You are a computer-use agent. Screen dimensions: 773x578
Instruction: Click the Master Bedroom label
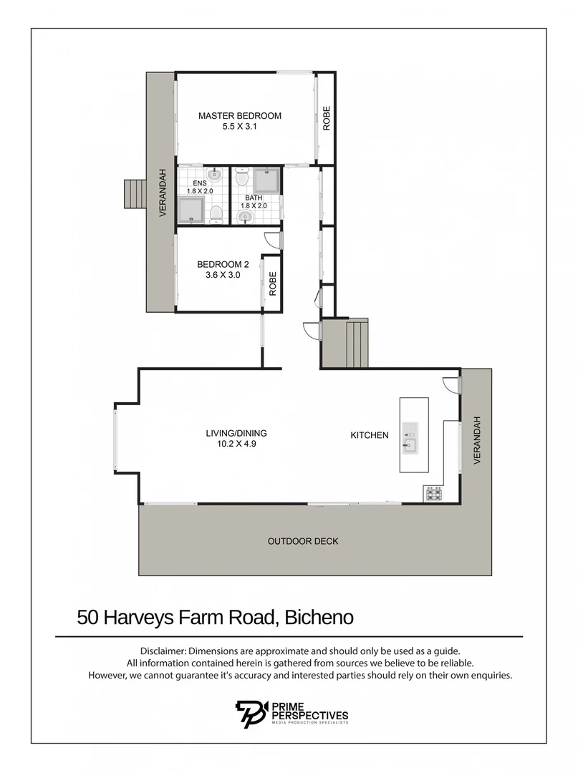(239, 116)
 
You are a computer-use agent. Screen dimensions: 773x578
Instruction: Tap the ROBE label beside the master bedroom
(327, 118)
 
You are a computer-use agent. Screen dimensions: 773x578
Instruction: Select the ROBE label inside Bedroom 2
(272, 284)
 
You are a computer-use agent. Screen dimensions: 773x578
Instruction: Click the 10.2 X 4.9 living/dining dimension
(231, 444)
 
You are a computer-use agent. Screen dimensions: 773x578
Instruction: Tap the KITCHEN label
(369, 435)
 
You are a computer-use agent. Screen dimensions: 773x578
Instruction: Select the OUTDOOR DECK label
(302, 541)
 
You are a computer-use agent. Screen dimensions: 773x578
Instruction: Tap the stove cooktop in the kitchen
(433, 492)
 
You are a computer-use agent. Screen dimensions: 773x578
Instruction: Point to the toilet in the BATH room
(241, 176)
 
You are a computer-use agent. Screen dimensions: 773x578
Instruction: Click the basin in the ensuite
(214, 174)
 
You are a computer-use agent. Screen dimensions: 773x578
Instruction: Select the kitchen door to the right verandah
(451, 384)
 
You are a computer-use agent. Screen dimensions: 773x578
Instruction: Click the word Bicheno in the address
(319, 618)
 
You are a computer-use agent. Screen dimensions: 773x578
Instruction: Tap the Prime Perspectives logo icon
(251, 714)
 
